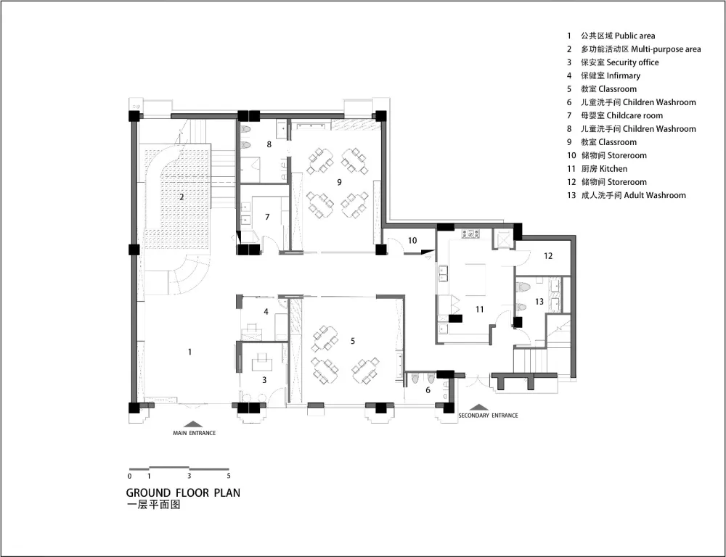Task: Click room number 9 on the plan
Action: (339, 182)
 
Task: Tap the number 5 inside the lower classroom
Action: (353, 341)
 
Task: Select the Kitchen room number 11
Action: (479, 309)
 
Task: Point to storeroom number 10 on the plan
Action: (412, 240)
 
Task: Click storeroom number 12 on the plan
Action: (548, 255)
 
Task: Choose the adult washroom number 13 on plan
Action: (539, 302)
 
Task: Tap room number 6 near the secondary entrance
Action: (428, 390)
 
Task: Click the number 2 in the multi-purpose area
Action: (181, 197)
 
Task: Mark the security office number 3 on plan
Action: (264, 380)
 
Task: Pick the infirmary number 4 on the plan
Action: (266, 311)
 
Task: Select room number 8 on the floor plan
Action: (269, 144)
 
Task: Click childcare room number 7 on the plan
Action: (267, 217)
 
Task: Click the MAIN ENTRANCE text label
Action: (195, 433)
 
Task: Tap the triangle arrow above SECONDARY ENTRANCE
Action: (480, 408)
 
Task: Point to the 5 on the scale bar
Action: (228, 476)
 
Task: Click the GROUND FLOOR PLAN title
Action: (184, 492)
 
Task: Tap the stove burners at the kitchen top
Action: (471, 234)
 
